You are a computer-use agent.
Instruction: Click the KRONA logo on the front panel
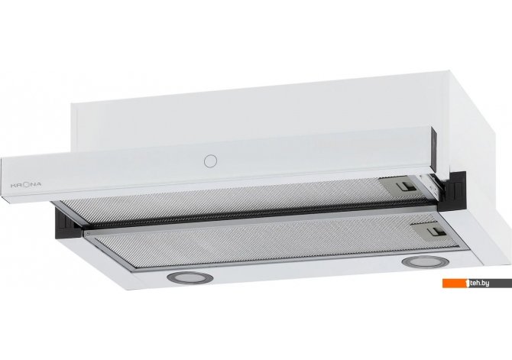[26, 184]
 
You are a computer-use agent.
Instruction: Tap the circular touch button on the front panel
[210, 161]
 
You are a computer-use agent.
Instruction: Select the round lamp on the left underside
[190, 277]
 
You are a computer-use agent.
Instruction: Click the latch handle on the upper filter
[406, 186]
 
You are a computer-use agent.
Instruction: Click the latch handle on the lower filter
[436, 232]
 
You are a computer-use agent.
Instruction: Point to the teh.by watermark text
[480, 283]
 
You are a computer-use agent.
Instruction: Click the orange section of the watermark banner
[454, 284]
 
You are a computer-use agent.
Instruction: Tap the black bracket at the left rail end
[68, 224]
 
